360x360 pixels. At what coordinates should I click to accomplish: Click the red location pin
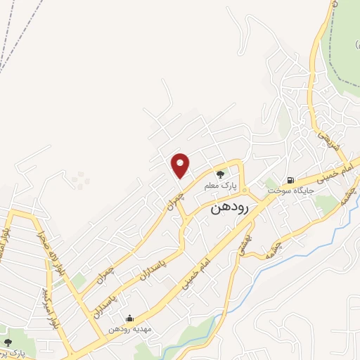click(181, 165)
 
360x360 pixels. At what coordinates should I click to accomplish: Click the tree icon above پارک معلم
click(220, 174)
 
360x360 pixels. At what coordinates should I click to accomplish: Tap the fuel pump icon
click(289, 179)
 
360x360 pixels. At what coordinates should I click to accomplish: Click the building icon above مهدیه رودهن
click(129, 318)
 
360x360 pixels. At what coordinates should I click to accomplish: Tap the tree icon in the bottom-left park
click(8, 342)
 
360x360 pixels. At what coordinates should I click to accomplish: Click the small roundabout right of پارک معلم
click(245, 191)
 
